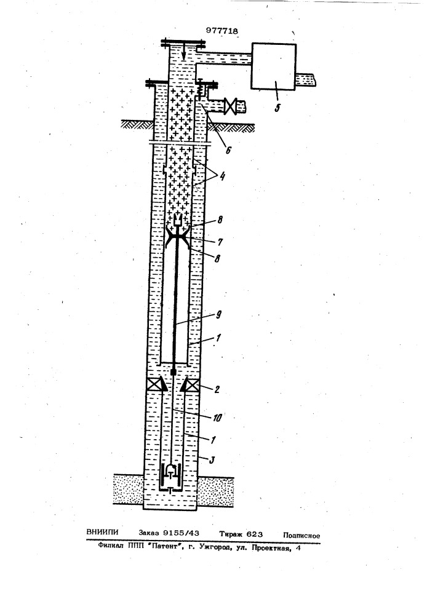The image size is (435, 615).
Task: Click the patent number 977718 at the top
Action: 222,31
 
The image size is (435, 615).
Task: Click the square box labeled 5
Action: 273,66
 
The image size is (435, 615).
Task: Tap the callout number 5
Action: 277,108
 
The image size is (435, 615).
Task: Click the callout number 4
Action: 222,176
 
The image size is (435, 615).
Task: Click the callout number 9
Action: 219,314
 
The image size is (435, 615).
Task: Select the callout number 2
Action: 216,389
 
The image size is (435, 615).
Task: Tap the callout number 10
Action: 217,418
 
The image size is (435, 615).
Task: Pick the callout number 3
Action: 212,459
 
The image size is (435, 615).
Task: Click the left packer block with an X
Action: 154,385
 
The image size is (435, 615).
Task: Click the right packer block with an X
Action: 192,385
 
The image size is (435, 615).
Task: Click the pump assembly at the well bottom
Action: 170,478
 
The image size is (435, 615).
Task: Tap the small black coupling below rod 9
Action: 173,371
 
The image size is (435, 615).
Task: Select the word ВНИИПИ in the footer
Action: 102,532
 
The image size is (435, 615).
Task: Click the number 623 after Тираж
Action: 254,534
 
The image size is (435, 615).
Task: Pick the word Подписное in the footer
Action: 301,536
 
